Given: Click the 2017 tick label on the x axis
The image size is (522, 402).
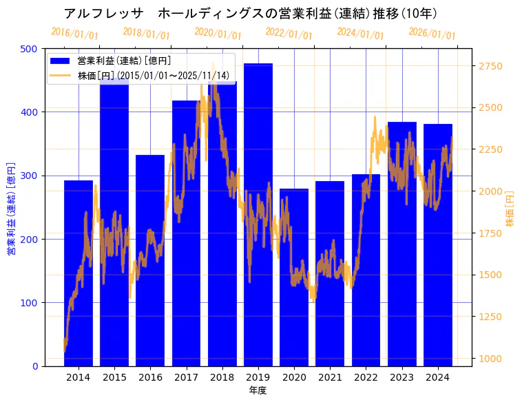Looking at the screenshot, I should point(186,377).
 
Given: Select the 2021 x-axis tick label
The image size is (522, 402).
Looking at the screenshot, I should point(330,377).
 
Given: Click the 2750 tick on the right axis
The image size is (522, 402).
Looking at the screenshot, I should point(491,66).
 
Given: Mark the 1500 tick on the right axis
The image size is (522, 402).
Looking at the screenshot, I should point(491,275).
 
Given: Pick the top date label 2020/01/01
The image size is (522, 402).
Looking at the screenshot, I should point(218,34).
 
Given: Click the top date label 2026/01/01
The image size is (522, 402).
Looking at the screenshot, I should point(432,34).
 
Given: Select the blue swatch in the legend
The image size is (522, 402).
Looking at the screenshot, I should point(61,61).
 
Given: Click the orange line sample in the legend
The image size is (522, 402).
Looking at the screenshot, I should point(61,76).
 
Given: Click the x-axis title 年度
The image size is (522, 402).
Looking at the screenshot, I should point(258,390).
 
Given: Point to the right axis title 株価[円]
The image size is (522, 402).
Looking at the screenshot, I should point(510,209).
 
